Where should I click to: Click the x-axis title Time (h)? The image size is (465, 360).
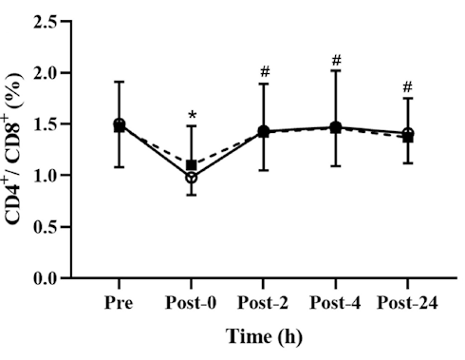263,336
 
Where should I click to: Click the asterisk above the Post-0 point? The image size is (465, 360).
192,117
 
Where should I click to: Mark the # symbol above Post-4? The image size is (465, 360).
336,61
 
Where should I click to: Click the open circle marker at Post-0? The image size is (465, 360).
191,178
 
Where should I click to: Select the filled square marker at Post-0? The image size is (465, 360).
191,165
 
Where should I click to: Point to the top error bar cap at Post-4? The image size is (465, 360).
336,70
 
